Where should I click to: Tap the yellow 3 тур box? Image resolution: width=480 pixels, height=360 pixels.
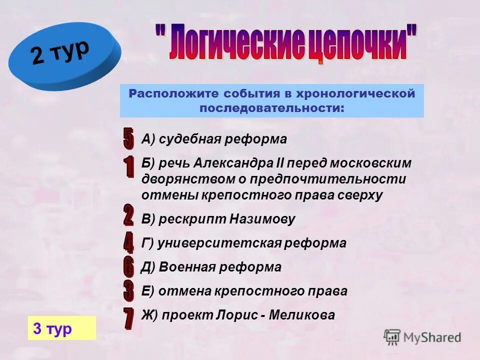coord(61,328)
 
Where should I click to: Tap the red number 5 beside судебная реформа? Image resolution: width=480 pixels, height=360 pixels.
coord(128,138)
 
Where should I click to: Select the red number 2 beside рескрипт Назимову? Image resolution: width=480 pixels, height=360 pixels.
coord(128,215)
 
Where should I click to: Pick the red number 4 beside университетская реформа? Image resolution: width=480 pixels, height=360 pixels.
coord(128,242)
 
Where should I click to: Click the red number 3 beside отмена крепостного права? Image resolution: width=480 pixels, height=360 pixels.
coord(128,290)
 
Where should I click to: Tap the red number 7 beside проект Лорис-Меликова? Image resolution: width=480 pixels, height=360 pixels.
coord(128,318)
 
